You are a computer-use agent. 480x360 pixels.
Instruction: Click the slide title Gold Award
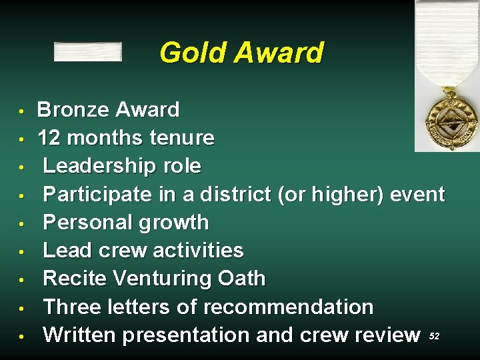click(241, 53)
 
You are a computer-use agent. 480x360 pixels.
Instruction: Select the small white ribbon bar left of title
click(87, 52)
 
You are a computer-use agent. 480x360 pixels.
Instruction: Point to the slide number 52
click(434, 337)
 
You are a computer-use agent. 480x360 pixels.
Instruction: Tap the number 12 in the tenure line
click(49, 138)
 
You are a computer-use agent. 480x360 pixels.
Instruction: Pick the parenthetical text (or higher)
click(326, 194)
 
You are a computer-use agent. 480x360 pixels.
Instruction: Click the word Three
click(71, 307)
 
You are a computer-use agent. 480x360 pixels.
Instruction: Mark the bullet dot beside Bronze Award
click(22, 109)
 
